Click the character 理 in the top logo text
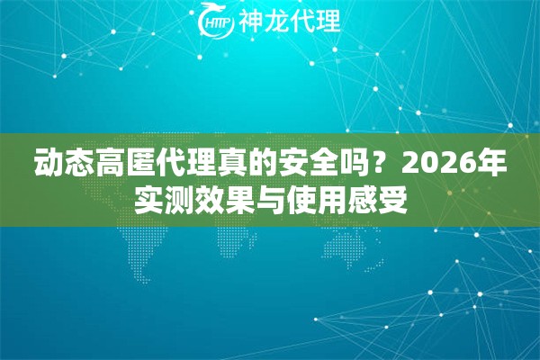tap(328, 22)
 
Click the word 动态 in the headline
tap(64, 166)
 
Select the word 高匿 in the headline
tap(126, 166)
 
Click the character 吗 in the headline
tap(355, 166)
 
